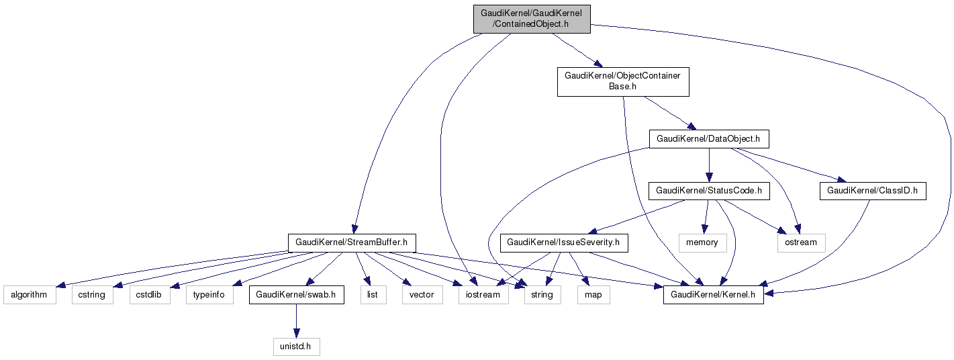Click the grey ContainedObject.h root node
[532, 19]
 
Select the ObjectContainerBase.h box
[623, 81]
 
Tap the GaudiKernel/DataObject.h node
[708, 139]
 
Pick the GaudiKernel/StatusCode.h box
[708, 191]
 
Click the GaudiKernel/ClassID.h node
[872, 191]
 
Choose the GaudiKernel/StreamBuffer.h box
[352, 242]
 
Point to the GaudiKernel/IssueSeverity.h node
[563, 242]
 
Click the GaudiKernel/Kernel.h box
[713, 295]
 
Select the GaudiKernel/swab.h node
[296, 295]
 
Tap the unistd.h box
[296, 347]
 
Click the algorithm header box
[30, 295]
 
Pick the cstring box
[93, 295]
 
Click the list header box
[373, 295]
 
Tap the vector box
[422, 295]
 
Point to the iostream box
[483, 295]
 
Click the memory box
[702, 242]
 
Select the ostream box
[801, 242]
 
